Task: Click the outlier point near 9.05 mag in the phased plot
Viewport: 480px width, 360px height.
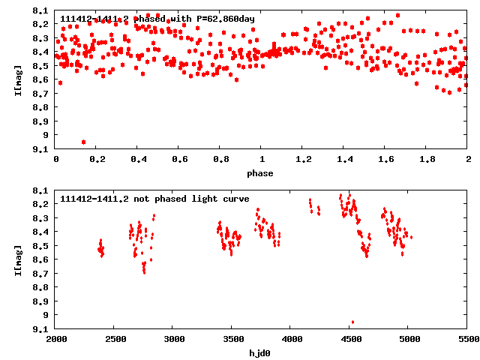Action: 83,142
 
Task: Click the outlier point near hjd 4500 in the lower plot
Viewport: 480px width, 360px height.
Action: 352,322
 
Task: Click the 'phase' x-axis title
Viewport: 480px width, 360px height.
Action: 261,173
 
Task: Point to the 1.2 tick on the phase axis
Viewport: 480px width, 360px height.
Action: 303,160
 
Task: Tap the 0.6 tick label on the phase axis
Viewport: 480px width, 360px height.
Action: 179,160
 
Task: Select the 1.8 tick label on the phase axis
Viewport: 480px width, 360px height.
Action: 427,160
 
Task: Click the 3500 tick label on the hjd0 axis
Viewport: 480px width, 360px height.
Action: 232,340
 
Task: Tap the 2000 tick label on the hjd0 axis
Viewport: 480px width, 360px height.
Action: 56,340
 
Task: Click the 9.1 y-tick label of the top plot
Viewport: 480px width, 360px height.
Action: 43,148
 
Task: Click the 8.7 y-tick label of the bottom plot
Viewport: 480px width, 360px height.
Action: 43,274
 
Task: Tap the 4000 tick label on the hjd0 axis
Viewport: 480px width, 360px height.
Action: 292,340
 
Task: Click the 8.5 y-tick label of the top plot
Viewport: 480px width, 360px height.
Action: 43,66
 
